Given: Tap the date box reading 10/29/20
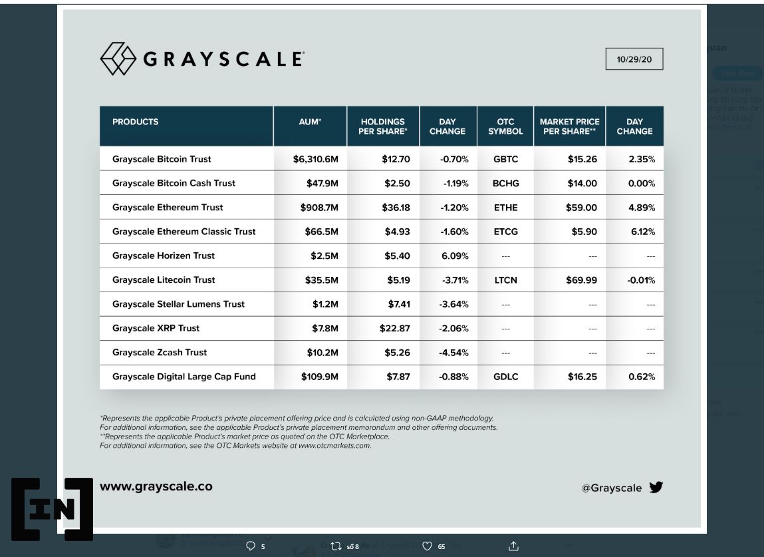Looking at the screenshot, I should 634,59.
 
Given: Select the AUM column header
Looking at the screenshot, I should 310,122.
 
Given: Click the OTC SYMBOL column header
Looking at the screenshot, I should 505,126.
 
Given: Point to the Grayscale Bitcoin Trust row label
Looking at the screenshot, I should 162,159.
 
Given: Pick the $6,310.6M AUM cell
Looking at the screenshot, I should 316,159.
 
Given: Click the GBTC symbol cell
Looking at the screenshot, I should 505,159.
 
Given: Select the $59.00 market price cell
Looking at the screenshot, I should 582,208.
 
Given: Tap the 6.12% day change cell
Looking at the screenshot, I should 642,232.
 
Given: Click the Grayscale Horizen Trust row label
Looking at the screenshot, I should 164,256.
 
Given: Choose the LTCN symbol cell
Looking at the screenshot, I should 505,280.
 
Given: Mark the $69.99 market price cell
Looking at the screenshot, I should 582,280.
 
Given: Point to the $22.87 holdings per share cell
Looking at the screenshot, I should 396,328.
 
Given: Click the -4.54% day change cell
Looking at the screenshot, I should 454,353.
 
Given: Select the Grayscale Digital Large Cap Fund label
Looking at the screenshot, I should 184,377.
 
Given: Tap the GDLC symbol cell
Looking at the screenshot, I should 505,377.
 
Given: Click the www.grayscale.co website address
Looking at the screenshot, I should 156,486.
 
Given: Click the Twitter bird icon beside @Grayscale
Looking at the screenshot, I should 656,487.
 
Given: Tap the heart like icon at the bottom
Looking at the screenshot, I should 427,546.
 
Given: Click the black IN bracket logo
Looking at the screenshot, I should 51,508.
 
